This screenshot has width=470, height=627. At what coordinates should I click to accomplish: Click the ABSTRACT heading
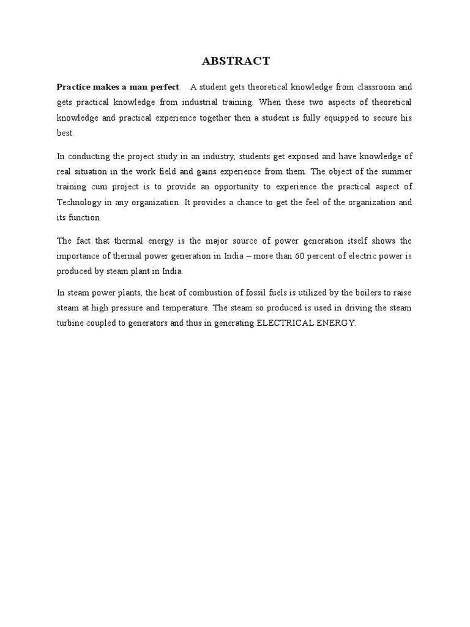(x=235, y=61)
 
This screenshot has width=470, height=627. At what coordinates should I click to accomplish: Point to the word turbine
(x=69, y=323)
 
